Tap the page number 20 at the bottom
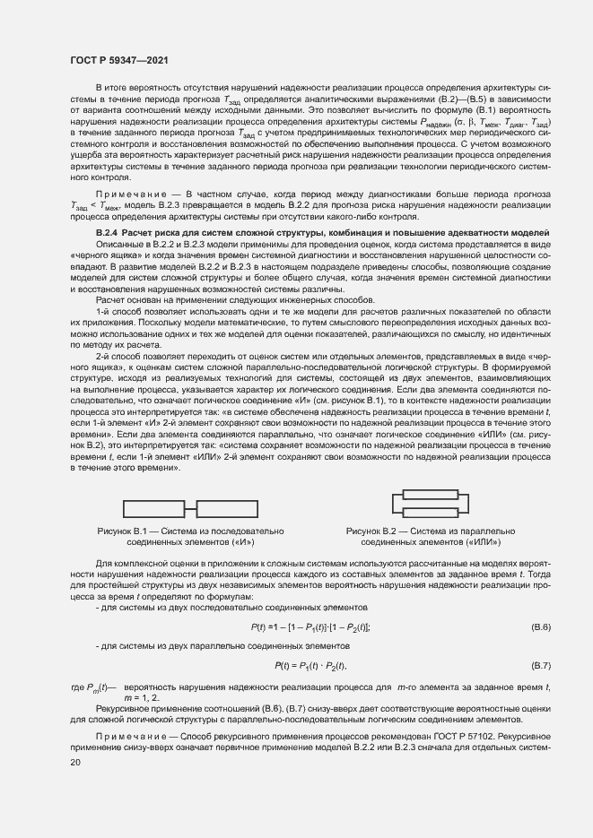click(75, 762)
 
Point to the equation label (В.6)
click(541, 626)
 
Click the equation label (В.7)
click(541, 666)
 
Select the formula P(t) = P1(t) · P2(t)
click(310, 666)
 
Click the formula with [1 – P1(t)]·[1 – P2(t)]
click(311, 626)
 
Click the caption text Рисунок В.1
click(128, 531)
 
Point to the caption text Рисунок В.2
click(377, 531)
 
